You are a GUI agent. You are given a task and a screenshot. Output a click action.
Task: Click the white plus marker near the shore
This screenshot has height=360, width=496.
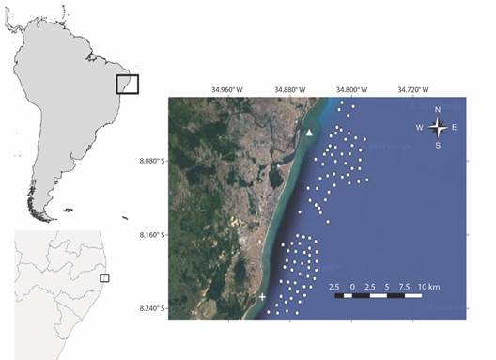(x=262, y=297)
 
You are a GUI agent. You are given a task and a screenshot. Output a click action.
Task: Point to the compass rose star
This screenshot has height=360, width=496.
(x=437, y=127)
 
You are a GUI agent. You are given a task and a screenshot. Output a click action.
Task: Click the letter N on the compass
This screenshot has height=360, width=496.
(x=437, y=110)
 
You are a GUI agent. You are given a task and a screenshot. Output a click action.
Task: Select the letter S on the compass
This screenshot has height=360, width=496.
(x=437, y=145)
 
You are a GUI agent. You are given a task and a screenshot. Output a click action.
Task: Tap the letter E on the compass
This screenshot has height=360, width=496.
(x=454, y=127)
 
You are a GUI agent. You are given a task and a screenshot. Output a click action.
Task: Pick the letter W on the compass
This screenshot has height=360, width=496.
(x=420, y=127)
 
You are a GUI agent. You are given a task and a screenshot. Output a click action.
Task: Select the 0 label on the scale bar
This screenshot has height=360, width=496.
(x=352, y=285)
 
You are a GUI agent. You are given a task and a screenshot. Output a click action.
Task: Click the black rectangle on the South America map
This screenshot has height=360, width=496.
(x=128, y=84)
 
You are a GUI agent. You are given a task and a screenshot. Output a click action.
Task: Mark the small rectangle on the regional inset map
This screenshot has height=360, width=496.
(x=104, y=278)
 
